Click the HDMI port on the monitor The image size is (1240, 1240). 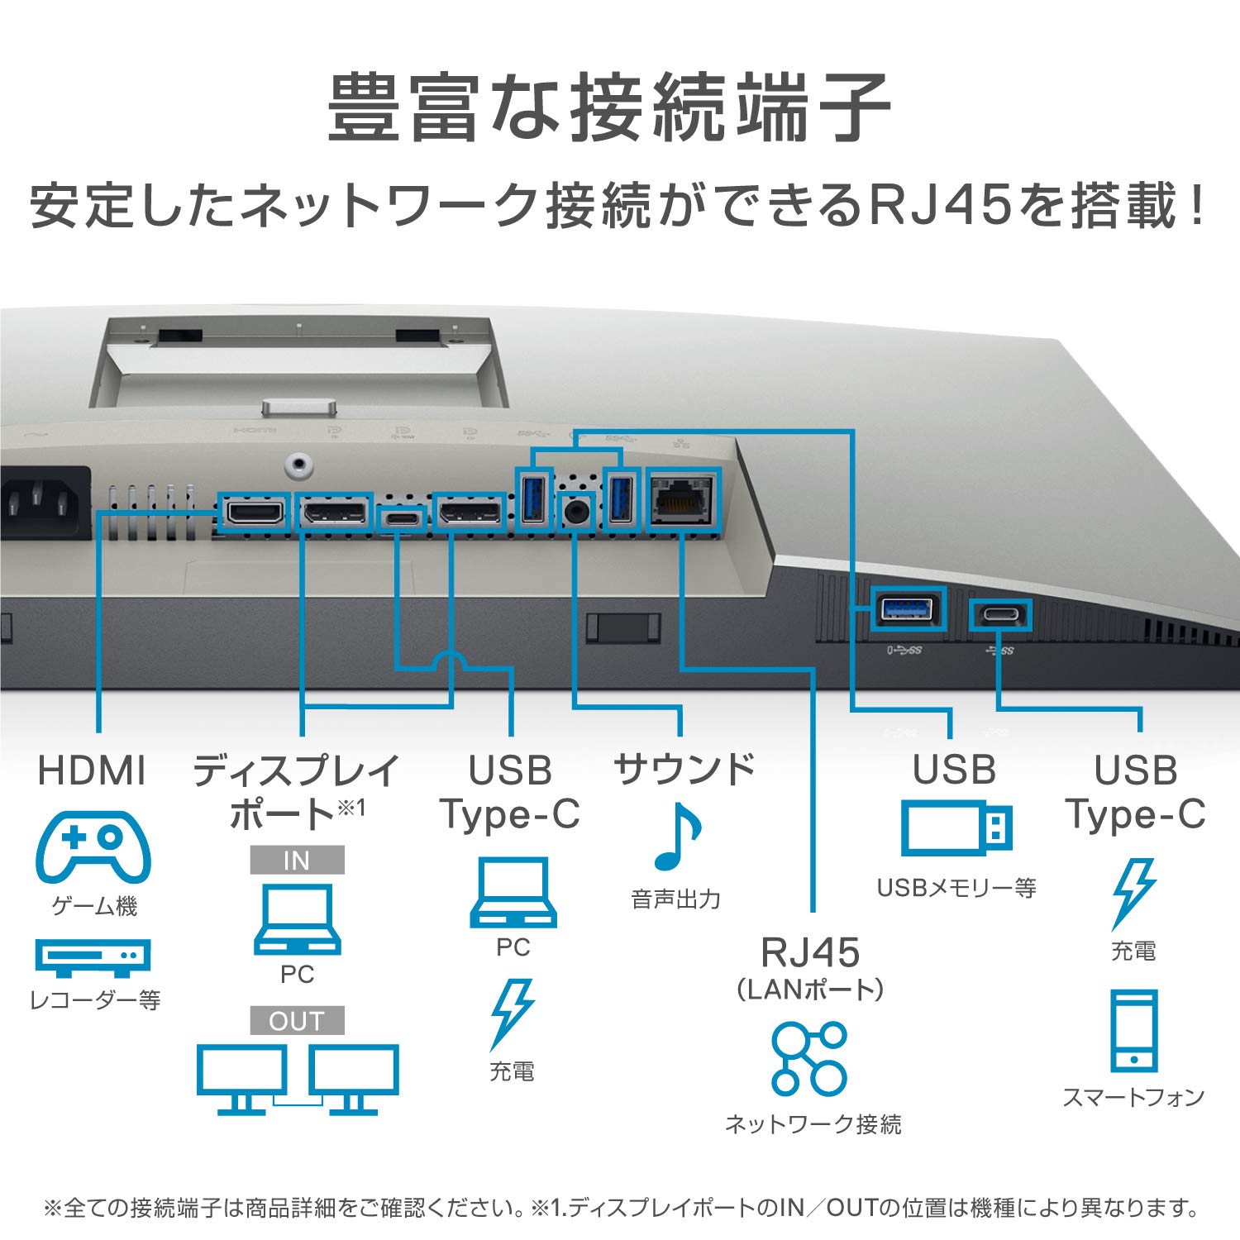pos(255,513)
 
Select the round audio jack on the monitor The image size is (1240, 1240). pos(576,512)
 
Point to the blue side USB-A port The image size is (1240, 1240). pos(908,609)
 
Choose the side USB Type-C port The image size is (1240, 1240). pos(1000,615)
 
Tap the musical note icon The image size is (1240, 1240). pos(677,837)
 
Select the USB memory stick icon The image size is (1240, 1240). pos(956,827)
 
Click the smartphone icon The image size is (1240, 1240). pos(1133,1030)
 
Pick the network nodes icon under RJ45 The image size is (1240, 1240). pos(809,1059)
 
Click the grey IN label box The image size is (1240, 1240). pos(297,860)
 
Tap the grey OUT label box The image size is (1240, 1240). pos(297,1020)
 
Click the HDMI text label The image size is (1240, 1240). pos(92,770)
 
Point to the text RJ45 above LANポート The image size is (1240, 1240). pos(810,952)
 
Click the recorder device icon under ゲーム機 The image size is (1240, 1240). pos(93,956)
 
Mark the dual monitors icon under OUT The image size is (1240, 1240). pos(298,1079)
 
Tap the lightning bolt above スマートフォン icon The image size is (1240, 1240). pos(1133,893)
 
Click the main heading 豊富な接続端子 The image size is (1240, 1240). pos(609,107)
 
